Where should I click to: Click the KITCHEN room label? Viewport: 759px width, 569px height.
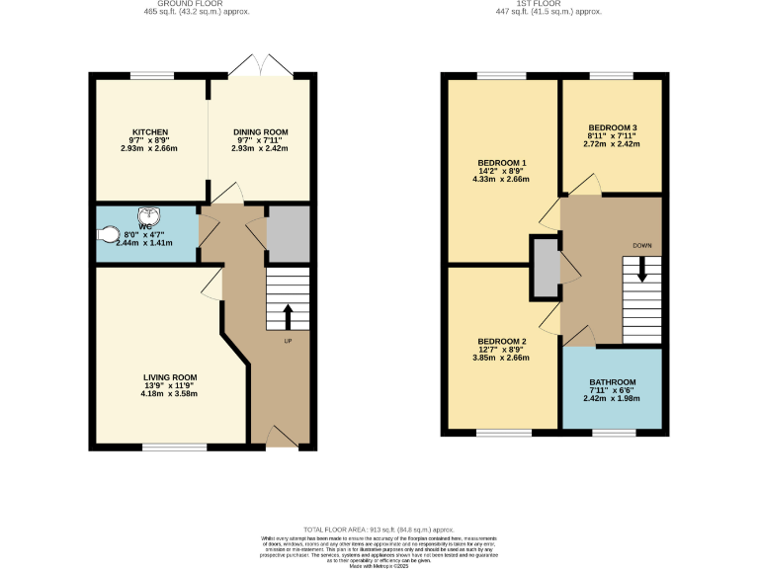pos(151,132)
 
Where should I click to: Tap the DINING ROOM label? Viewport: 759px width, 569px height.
pos(261,132)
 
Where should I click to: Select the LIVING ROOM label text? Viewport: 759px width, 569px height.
pos(170,377)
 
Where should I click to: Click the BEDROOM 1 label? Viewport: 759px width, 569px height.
pos(502,163)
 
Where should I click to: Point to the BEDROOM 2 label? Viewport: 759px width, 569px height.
pos(502,341)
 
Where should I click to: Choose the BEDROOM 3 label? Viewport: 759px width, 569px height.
pos(612,127)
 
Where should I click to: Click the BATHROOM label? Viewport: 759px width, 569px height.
pos(612,382)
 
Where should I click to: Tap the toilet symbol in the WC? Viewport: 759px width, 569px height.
pos(109,235)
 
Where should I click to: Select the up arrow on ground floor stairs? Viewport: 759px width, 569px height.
pos(289,316)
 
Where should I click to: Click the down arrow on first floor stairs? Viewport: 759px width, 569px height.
pos(641,269)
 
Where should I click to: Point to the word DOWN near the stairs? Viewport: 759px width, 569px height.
pos(642,245)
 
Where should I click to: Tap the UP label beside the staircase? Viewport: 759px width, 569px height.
pos(289,342)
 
